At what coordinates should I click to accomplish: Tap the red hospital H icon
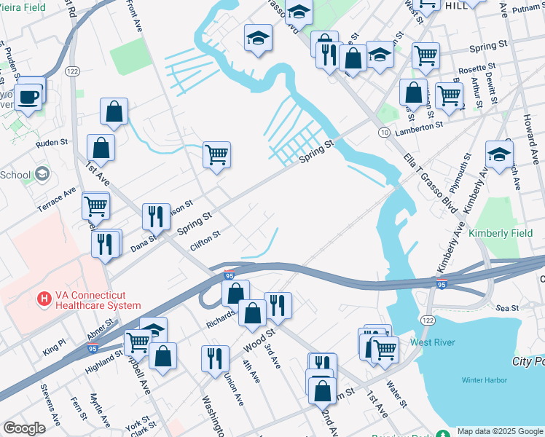point(44,299)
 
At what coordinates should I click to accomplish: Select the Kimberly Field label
point(496,232)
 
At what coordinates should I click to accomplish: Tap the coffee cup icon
point(28,97)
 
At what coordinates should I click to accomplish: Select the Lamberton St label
point(419,126)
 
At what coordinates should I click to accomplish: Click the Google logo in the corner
point(24,428)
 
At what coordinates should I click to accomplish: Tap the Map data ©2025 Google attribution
point(500,431)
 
